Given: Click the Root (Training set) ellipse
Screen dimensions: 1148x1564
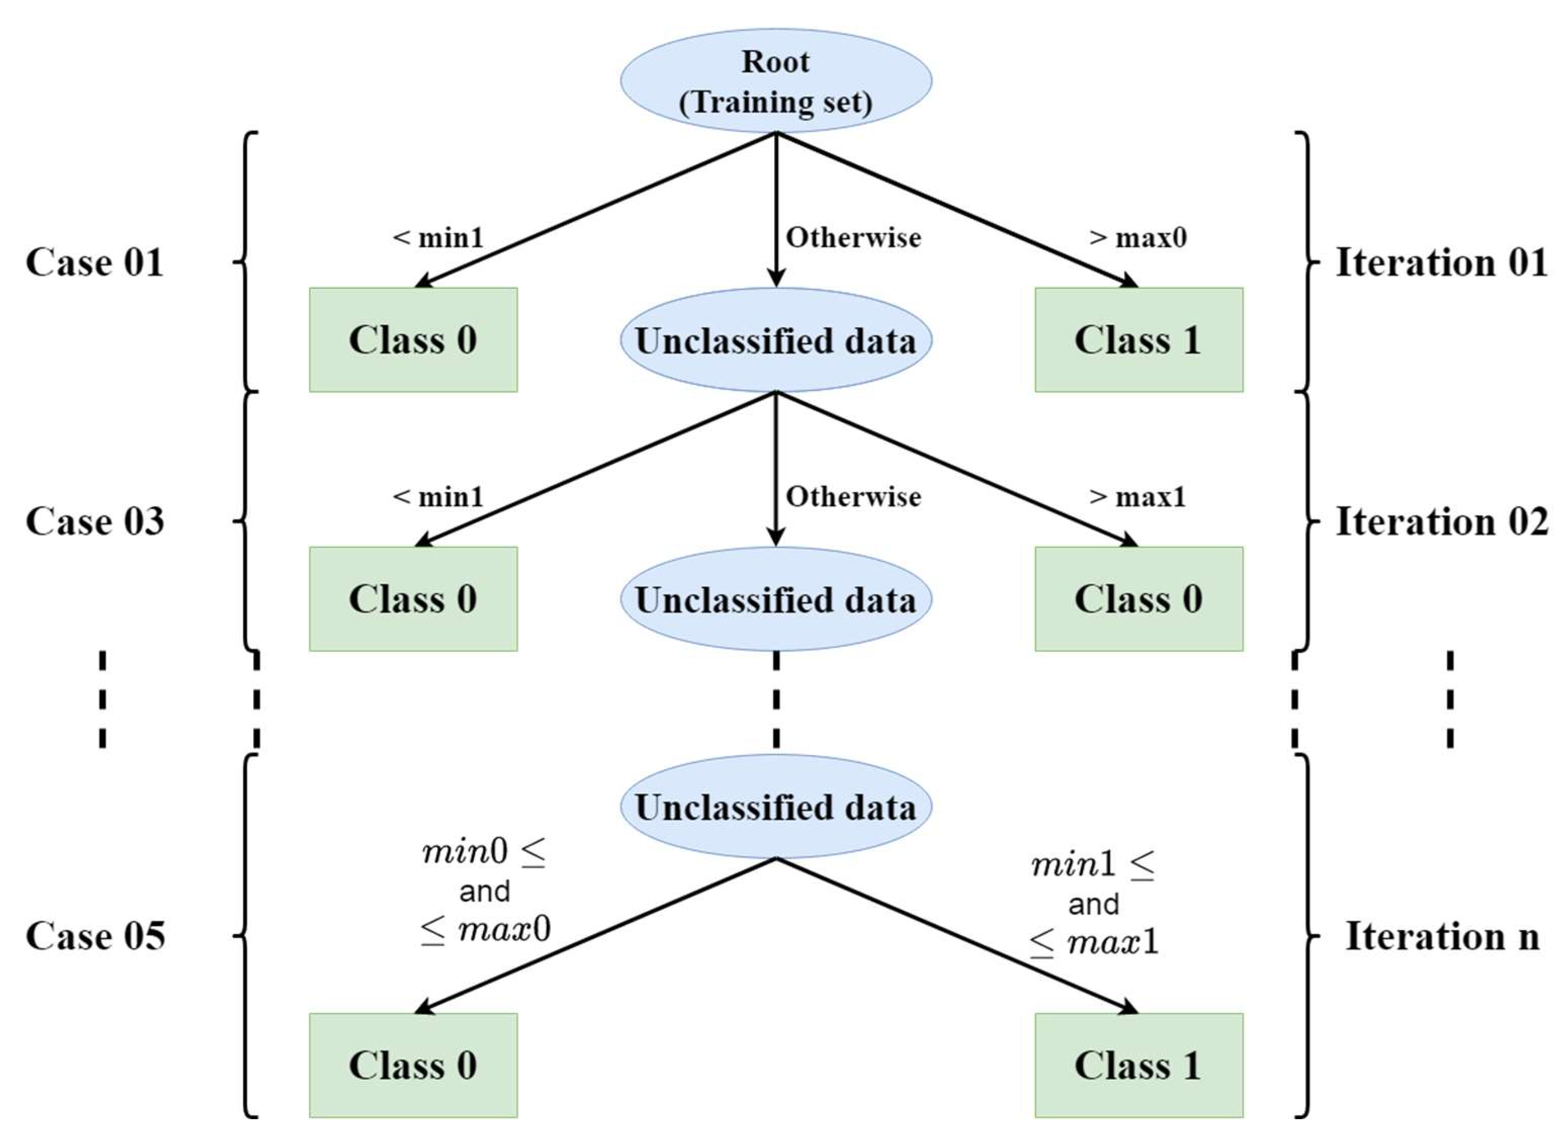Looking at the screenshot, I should click(x=775, y=80).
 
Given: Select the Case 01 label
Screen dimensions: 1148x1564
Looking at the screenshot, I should click(x=95, y=262).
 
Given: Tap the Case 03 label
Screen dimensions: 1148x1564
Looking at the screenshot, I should click(x=95, y=521).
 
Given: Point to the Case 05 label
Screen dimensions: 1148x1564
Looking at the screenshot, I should click(x=95, y=936).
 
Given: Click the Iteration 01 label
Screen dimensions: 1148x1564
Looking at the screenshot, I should click(x=1441, y=262).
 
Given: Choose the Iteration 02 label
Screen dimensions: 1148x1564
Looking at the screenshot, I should click(x=1442, y=521).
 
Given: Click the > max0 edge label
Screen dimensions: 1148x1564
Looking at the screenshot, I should click(x=1137, y=238).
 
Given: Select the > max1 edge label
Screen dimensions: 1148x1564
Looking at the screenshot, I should click(x=1137, y=497).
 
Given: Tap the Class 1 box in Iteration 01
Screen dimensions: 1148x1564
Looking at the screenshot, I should click(x=1138, y=340).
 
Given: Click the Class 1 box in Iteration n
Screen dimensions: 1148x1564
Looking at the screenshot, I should click(x=1138, y=1065).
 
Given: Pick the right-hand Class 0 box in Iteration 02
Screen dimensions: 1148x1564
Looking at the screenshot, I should click(x=1138, y=598).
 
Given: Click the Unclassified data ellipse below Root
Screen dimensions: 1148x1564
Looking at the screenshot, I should click(x=775, y=340).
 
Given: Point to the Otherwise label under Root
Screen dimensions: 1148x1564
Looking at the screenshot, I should click(x=853, y=238).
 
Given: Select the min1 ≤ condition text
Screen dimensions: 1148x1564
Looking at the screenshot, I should click(x=1092, y=865).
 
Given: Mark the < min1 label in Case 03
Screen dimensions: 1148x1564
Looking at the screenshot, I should click(x=438, y=497).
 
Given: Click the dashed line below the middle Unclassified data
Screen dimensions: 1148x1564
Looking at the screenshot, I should click(x=775, y=699).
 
